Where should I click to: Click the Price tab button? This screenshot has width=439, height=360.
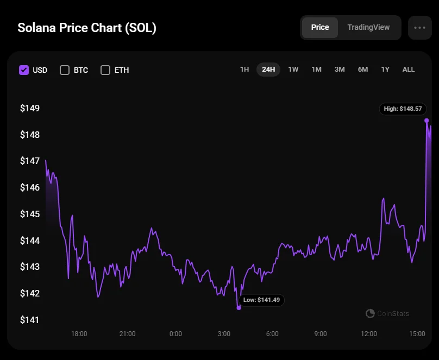(x=320, y=28)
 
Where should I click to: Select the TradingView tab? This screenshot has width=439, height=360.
(x=368, y=28)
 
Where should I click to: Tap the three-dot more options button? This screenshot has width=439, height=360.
(x=419, y=28)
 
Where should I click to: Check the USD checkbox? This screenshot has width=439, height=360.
(x=24, y=70)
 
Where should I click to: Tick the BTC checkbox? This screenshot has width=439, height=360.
(x=65, y=70)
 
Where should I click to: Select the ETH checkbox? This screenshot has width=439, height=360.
(x=105, y=70)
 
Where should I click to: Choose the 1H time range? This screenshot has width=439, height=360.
(x=244, y=70)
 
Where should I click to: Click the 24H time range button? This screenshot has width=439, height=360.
(x=268, y=70)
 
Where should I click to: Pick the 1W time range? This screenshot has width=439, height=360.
(x=293, y=70)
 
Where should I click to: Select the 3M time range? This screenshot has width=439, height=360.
(x=340, y=70)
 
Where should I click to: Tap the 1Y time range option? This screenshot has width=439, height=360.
(x=385, y=70)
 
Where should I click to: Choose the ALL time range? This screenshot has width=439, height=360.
(x=409, y=70)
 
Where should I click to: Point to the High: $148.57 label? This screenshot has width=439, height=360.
(x=403, y=109)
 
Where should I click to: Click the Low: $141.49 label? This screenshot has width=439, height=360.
(x=262, y=300)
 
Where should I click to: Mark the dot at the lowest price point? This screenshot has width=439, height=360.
(x=239, y=308)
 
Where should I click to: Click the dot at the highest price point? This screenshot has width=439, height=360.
(x=427, y=121)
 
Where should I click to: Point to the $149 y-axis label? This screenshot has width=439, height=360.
(x=30, y=108)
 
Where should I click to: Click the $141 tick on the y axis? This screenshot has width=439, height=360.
(x=30, y=320)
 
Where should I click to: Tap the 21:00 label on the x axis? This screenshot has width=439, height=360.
(x=127, y=334)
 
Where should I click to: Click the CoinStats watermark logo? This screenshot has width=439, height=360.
(x=371, y=313)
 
